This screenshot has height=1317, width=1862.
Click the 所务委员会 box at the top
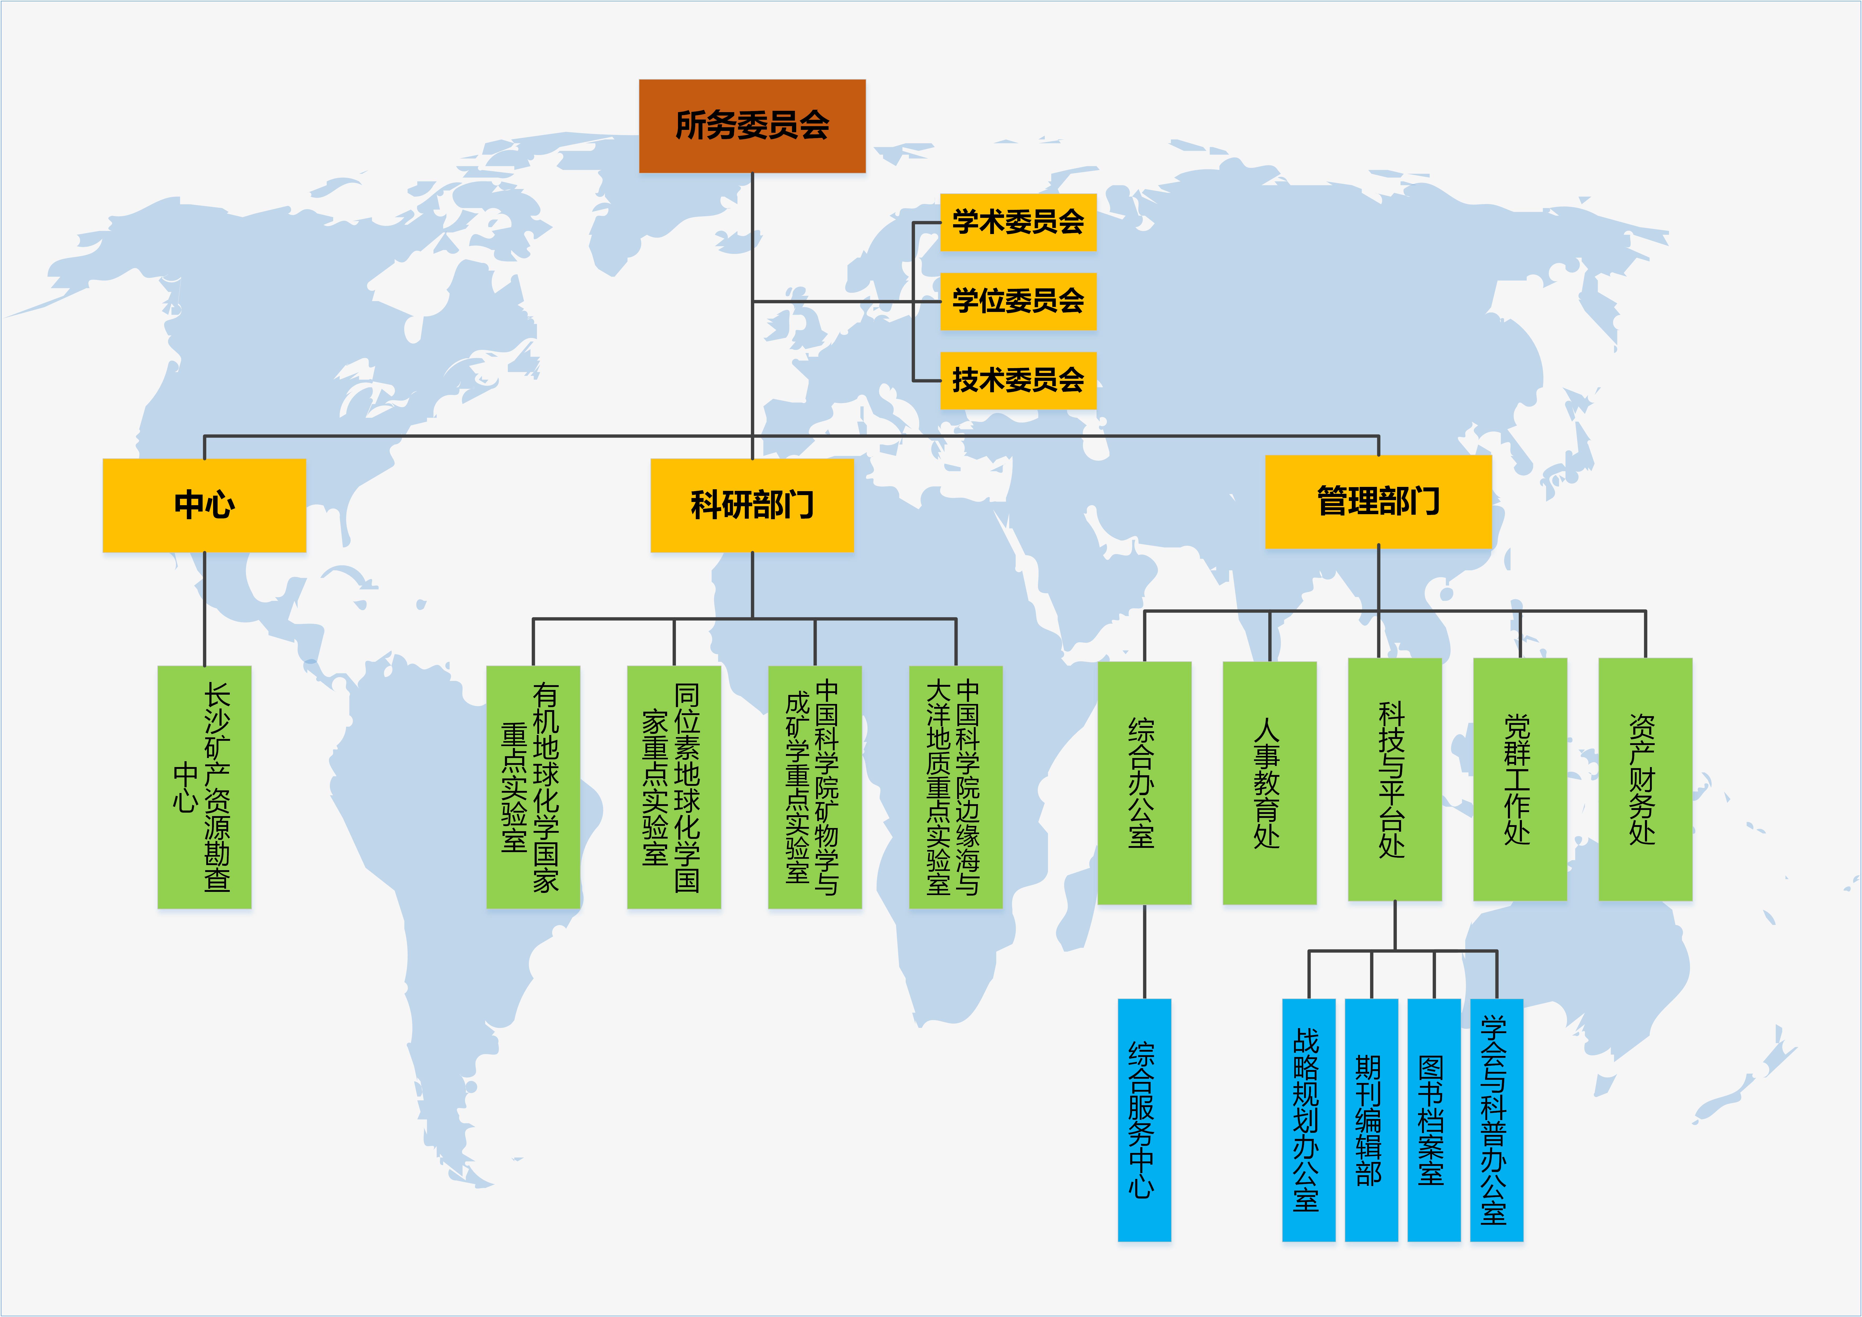(x=752, y=126)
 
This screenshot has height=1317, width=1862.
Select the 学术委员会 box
(x=1018, y=221)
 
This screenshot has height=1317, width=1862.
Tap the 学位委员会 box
(x=1018, y=301)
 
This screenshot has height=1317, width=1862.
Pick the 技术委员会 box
(x=1018, y=380)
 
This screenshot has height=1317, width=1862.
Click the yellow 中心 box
(x=204, y=504)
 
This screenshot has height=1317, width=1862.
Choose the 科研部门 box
(x=752, y=504)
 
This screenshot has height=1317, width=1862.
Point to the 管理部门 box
(x=1378, y=501)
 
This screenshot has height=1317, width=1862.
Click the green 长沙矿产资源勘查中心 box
(x=204, y=787)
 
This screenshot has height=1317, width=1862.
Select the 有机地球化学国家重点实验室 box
(x=533, y=787)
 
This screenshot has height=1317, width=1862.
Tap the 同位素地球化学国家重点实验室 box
(x=674, y=787)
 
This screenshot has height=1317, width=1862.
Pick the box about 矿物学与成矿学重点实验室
(x=814, y=787)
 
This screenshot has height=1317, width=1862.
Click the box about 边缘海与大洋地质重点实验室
(x=955, y=787)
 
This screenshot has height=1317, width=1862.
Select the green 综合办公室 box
(x=1144, y=783)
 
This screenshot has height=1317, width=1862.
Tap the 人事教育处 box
(x=1269, y=783)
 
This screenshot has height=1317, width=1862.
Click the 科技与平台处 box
(x=1394, y=778)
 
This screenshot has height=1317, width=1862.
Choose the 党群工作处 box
(x=1520, y=778)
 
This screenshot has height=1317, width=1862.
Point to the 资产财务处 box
(x=1645, y=778)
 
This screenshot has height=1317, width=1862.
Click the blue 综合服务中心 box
(x=1144, y=1119)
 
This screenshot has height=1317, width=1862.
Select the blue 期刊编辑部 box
(x=1371, y=1119)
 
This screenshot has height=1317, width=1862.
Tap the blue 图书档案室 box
(x=1433, y=1119)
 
